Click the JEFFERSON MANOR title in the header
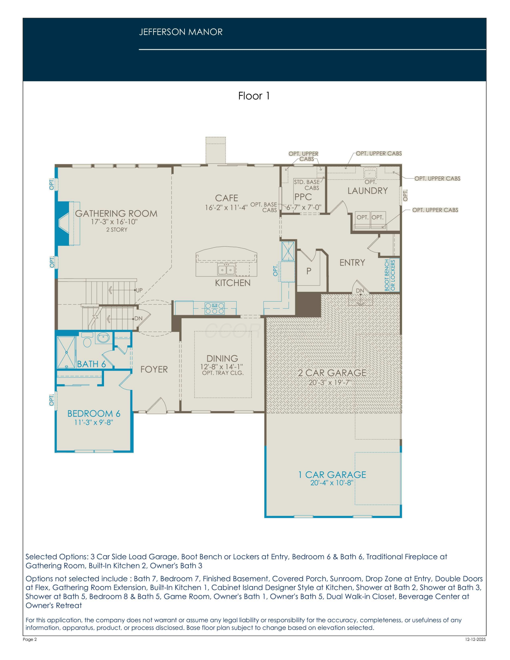pyautogui.click(x=181, y=32)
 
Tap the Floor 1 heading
pyautogui.click(x=254, y=96)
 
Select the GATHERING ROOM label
pyautogui.click(x=116, y=214)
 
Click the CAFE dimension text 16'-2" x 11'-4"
pyautogui.click(x=226, y=208)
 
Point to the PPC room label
pyautogui.click(x=303, y=197)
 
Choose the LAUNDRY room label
pyautogui.click(x=367, y=191)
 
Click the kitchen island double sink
pyautogui.click(x=226, y=270)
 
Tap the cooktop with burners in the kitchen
pyautogui.click(x=215, y=308)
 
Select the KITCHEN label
pyautogui.click(x=233, y=283)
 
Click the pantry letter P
pyautogui.click(x=309, y=271)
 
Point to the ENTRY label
pyautogui.click(x=352, y=263)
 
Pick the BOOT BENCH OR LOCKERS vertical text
pyautogui.click(x=390, y=275)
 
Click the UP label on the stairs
pyautogui.click(x=139, y=290)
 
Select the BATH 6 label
pyautogui.click(x=91, y=364)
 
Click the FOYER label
pyautogui.click(x=154, y=369)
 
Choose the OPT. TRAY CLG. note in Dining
pyautogui.click(x=223, y=373)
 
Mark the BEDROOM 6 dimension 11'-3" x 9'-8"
pyautogui.click(x=94, y=422)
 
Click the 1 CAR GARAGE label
pyautogui.click(x=332, y=475)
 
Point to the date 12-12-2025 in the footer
pyautogui.click(x=475, y=639)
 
